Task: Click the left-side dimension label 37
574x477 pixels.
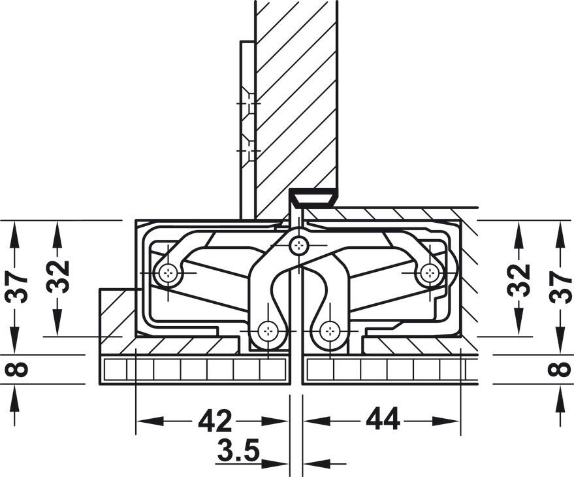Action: point(20,286)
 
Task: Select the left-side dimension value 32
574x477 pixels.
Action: point(59,278)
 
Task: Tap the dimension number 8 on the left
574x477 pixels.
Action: point(20,369)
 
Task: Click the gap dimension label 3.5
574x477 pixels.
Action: point(238,451)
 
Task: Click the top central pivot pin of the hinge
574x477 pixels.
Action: point(298,246)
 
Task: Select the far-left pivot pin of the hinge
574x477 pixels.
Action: point(169,273)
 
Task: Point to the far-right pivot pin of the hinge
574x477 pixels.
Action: point(429,272)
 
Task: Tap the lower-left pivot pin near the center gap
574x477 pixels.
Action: point(267,333)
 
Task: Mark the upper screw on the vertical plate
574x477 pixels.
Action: point(247,104)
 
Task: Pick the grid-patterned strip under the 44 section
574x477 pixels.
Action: point(385,370)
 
